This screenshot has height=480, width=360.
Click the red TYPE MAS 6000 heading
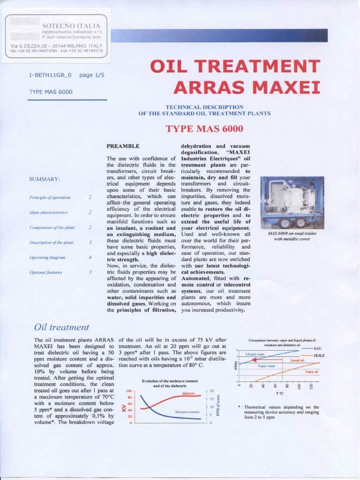pyautogui.click(x=204, y=128)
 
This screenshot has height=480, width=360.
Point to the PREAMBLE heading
pyautogui.click(x=123, y=147)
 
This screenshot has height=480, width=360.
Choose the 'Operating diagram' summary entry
pyautogui.click(x=47, y=257)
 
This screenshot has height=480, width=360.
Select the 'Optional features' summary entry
pyautogui.click(x=45, y=272)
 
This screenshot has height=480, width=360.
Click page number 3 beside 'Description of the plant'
pyautogui.click(x=90, y=242)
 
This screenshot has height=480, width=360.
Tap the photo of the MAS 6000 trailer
pyautogui.click(x=292, y=202)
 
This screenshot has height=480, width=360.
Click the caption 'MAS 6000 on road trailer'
pyautogui.click(x=292, y=233)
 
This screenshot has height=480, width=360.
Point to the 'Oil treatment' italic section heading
pyautogui.click(x=61, y=327)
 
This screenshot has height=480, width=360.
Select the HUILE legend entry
pyautogui.click(x=319, y=356)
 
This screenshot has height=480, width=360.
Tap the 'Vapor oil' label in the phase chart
pyautogui.click(x=311, y=372)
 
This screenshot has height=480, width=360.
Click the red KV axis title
pyautogui.click(x=124, y=407)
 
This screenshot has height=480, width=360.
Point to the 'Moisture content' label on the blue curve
pyautogui.click(x=187, y=412)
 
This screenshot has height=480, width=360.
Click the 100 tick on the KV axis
pyautogui.click(x=129, y=391)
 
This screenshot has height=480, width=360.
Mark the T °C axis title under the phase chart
pyautogui.click(x=280, y=393)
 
